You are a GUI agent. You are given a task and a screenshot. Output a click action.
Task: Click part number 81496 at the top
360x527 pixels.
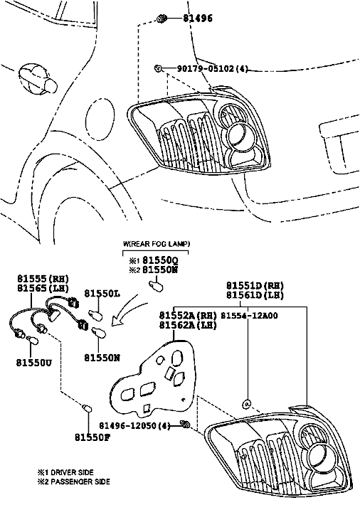click(x=198, y=18)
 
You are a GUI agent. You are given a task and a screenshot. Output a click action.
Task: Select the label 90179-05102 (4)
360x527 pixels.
click(x=213, y=68)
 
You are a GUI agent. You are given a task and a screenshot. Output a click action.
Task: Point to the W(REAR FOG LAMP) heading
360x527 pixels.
click(x=157, y=244)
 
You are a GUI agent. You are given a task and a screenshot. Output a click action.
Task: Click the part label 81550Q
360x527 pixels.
click(x=160, y=260)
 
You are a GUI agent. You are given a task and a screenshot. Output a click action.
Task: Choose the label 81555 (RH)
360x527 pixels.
click(x=43, y=279)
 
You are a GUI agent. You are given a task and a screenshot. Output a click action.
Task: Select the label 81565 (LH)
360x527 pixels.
click(x=43, y=288)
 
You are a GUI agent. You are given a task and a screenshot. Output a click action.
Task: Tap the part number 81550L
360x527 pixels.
click(x=102, y=294)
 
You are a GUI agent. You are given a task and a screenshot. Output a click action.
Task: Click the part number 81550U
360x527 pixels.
click(x=34, y=363)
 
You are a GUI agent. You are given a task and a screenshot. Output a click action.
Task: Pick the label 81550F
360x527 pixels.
click(x=92, y=437)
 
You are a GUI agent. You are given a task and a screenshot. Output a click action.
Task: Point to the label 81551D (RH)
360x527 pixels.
click(x=255, y=286)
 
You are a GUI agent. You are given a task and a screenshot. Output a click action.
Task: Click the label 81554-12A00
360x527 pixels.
click(x=249, y=316)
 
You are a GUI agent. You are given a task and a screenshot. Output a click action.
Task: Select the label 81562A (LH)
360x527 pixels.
click(x=188, y=325)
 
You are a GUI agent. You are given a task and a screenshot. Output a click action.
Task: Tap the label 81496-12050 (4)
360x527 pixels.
click(x=134, y=426)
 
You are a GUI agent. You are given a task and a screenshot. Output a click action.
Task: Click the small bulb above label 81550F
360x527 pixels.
click(x=88, y=408)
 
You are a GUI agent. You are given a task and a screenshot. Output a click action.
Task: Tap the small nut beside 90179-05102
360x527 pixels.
click(x=158, y=68)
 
